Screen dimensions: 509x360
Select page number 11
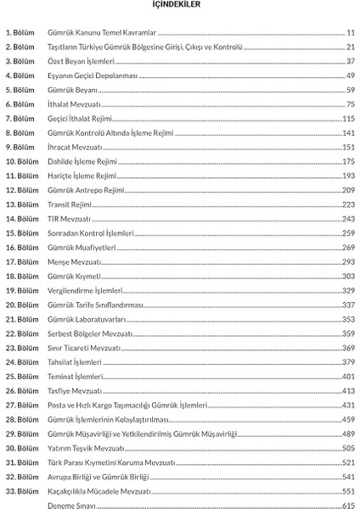pos(350,31)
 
